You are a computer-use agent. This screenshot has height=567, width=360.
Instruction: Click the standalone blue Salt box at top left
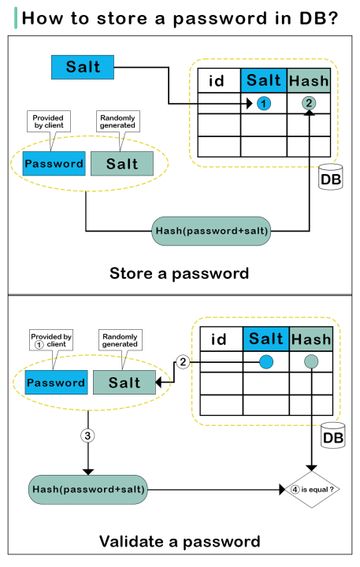(84, 67)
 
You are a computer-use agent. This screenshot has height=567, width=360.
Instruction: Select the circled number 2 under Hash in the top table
(309, 104)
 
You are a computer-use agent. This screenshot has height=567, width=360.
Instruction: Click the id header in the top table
(218, 81)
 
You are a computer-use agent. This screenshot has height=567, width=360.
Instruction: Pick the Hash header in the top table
(309, 81)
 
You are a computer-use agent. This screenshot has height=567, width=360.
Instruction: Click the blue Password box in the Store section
(54, 164)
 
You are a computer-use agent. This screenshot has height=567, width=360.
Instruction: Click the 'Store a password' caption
(180, 273)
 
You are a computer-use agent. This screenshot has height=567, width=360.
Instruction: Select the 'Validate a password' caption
(180, 542)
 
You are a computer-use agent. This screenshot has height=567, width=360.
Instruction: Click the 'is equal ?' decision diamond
(312, 488)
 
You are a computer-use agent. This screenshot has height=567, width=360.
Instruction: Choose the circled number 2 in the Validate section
(183, 361)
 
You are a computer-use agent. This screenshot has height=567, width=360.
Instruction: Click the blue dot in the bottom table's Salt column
(265, 361)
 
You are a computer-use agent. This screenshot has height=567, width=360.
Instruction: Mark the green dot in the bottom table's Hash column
(310, 361)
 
